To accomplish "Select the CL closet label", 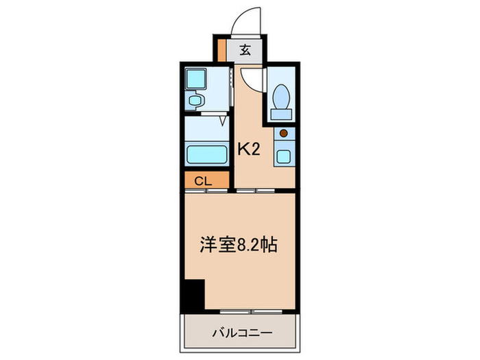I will point(202,181).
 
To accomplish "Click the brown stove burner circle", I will point(283,134).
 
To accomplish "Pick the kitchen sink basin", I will point(283,155).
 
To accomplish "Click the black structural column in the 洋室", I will point(194,294).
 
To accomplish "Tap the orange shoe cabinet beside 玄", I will point(221,50).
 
